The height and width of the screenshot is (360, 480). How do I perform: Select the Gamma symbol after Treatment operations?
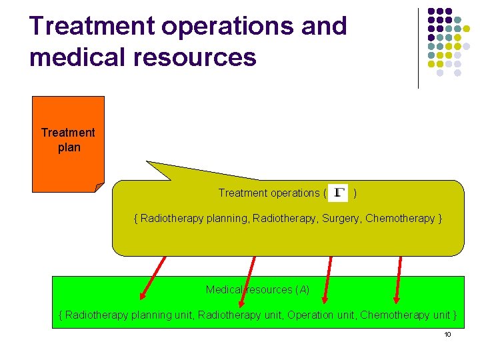pyautogui.click(x=339, y=193)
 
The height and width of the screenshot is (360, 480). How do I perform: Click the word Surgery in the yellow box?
pyautogui.click(x=341, y=219)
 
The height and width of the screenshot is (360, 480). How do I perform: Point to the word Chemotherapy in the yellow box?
pyautogui.click(x=400, y=219)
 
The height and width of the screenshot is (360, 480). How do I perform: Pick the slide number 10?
pyautogui.click(x=447, y=334)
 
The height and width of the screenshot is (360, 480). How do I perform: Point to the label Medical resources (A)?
pyautogui.click(x=257, y=289)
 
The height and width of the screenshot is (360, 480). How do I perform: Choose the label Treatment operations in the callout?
pyautogui.click(x=268, y=193)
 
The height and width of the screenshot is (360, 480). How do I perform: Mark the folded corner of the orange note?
pyautogui.click(x=99, y=187)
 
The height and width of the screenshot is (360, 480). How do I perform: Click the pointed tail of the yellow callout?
pyautogui.click(x=151, y=163)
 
